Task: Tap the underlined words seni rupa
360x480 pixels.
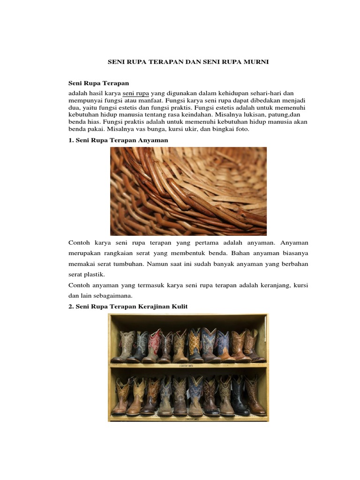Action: coord(135,93)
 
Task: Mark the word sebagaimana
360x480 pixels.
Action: coord(114,295)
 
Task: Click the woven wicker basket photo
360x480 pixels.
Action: coord(188,191)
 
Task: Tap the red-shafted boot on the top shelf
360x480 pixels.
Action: coord(153,346)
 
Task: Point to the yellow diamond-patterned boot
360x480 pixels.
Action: coord(194,345)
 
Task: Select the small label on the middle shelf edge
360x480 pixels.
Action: coord(187,365)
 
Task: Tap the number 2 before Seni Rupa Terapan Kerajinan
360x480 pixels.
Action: coord(71,306)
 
